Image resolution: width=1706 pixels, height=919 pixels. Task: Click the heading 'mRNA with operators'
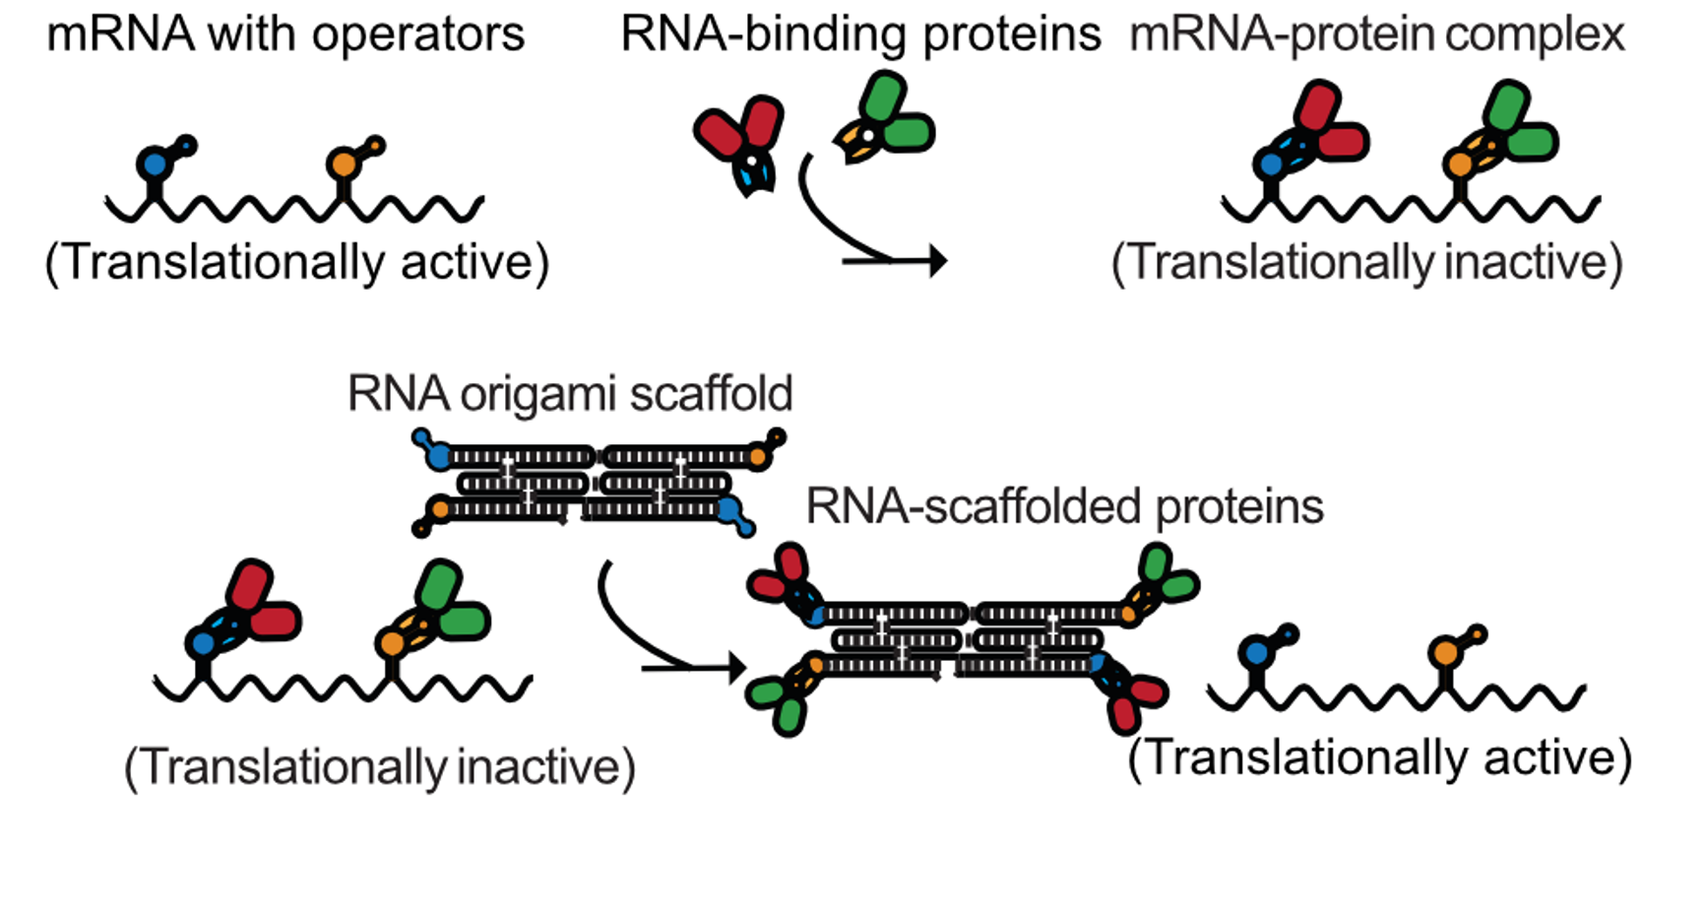pyautogui.click(x=285, y=34)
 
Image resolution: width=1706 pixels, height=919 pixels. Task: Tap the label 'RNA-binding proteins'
pyautogui.click(x=860, y=34)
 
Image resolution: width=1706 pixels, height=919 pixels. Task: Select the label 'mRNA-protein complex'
pyautogui.click(x=1376, y=34)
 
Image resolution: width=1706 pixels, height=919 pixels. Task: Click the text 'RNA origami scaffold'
pyautogui.click(x=570, y=394)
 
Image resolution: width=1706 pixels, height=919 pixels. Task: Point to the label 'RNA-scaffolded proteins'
pyautogui.click(x=1064, y=506)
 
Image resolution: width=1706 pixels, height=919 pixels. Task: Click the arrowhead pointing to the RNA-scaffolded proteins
pyautogui.click(x=735, y=668)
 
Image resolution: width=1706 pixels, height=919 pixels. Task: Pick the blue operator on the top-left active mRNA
pyautogui.click(x=155, y=164)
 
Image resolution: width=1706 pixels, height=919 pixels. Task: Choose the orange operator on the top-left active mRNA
pyautogui.click(x=343, y=164)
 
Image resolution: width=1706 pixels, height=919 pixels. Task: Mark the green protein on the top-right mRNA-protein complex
pyautogui.click(x=1516, y=123)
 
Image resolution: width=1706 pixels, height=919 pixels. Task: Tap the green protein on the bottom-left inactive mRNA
pyautogui.click(x=448, y=603)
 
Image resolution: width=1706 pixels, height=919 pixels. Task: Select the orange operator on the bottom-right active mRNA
pyautogui.click(x=1445, y=652)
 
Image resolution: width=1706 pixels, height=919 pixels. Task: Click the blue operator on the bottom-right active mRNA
pyautogui.click(x=1256, y=652)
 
